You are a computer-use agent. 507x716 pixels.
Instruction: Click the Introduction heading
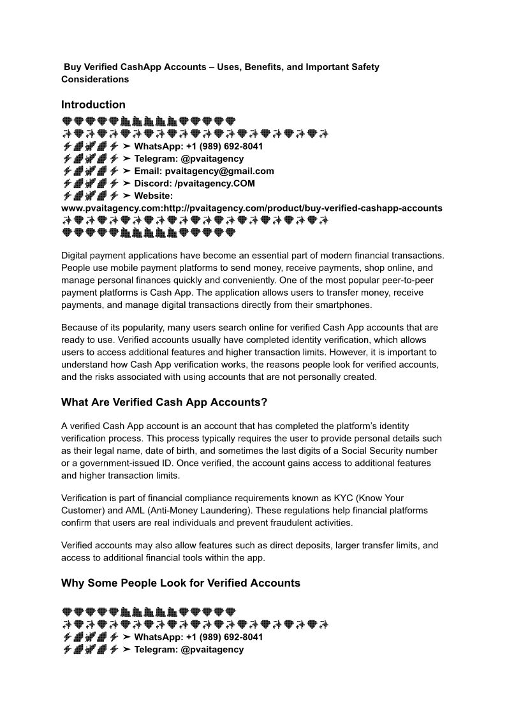pyautogui.click(x=93, y=105)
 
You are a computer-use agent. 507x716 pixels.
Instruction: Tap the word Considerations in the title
pyautogui.click(x=95, y=80)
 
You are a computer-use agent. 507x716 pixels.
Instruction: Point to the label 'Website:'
pyautogui.click(x=154, y=196)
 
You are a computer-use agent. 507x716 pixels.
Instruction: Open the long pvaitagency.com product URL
pyautogui.click(x=251, y=208)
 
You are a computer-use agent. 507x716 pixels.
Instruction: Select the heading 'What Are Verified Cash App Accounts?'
pyautogui.click(x=164, y=402)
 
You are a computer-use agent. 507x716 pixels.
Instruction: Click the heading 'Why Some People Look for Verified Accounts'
pyautogui.click(x=180, y=583)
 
